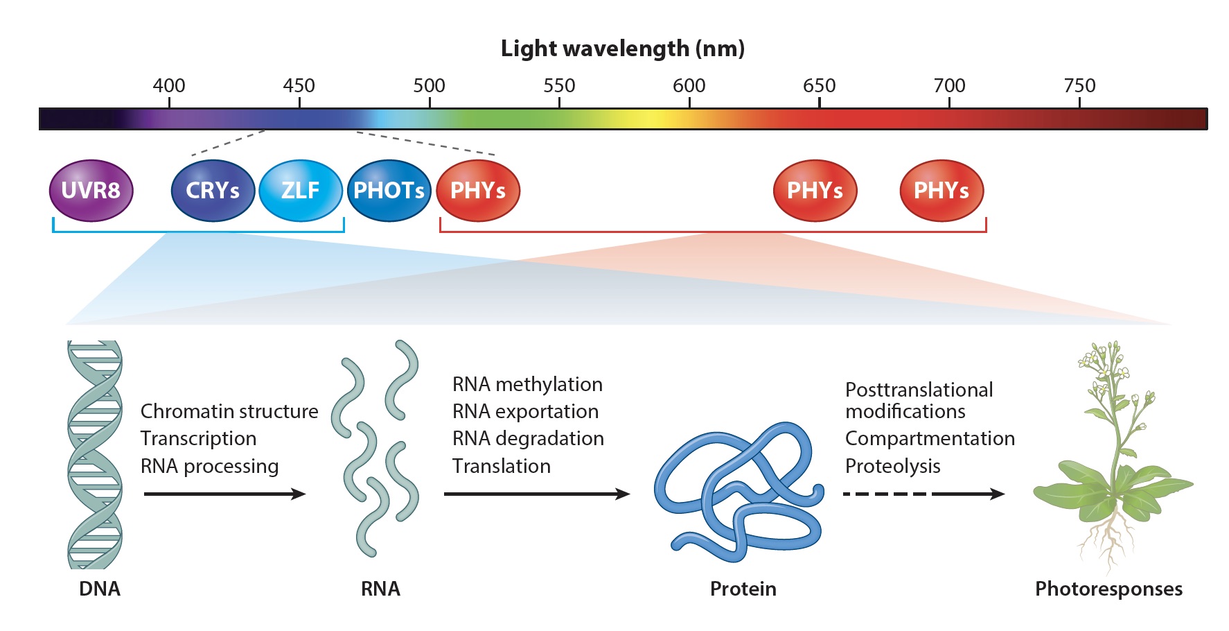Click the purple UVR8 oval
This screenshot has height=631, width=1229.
coord(91,191)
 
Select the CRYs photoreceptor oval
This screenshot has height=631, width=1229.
coord(213,191)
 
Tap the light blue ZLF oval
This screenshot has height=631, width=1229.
coord(301,191)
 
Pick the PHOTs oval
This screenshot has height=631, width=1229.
coord(389,191)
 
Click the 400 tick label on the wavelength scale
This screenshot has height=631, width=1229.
coord(169,85)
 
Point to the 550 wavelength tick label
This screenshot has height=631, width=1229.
coord(559,85)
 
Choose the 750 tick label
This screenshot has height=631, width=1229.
coord(1079,85)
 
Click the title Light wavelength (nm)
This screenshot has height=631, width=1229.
coord(623,49)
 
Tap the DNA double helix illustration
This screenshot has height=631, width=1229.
coord(95,454)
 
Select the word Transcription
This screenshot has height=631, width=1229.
coord(198,438)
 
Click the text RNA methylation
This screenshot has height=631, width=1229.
coord(527,384)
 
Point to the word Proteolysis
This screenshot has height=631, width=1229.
coord(892,466)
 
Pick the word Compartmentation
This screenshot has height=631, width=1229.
coord(930,438)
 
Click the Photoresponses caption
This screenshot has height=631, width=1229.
coord(1108,589)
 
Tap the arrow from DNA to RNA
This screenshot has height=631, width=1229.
coord(225,494)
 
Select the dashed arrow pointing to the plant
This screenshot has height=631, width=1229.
coord(924,494)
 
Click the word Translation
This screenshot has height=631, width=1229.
coord(501,466)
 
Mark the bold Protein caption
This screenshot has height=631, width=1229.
coord(743,589)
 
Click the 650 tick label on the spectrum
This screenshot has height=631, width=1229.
coord(819,85)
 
